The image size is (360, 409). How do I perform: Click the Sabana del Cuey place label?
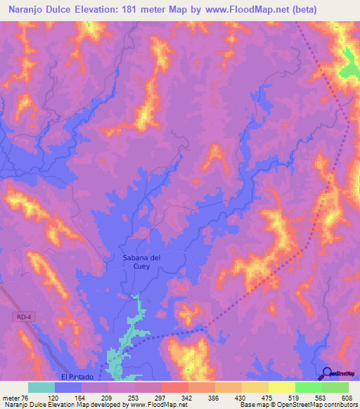point(136,262)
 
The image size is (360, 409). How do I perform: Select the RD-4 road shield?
point(22,318)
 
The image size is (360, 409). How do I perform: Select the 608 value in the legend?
point(347,397)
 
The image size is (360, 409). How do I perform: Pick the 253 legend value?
point(134,397)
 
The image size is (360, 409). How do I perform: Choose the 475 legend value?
point(267,397)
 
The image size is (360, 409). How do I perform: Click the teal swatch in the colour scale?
point(41,387)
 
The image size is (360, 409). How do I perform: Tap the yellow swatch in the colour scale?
point(281,387)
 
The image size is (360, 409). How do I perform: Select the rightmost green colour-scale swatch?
point(335,387)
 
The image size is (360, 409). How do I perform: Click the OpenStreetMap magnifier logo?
point(328,373)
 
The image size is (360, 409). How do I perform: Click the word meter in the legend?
point(10,397)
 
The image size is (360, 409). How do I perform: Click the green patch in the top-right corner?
point(349,67)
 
